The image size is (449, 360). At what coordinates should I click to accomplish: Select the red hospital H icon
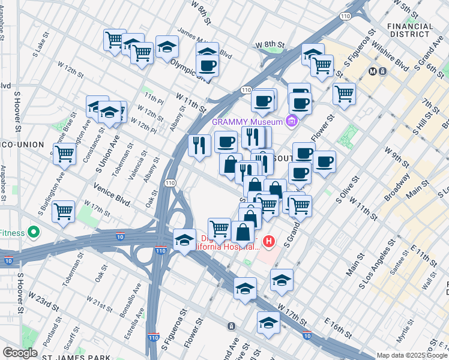click(269, 242)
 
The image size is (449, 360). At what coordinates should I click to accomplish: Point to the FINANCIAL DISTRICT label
click(409, 31)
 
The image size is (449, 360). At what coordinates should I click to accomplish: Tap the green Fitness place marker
click(34, 233)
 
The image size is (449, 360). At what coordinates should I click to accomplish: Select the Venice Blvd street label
click(112, 194)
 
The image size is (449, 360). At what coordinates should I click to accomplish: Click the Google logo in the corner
click(20, 353)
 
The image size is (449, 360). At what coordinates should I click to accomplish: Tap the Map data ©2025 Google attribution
click(412, 355)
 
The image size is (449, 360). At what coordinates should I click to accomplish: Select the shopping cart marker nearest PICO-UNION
click(64, 153)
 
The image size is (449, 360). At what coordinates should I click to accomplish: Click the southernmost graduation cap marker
click(268, 322)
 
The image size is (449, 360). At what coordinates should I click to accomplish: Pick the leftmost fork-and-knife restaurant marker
click(199, 145)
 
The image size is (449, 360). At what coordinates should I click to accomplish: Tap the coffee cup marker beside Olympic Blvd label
click(208, 65)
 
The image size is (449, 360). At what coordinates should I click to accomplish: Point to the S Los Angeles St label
click(375, 267)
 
